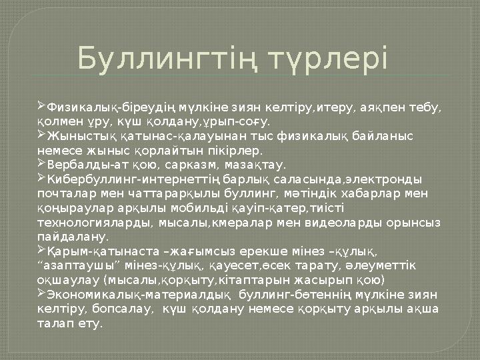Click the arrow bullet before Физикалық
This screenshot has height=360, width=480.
(41, 105)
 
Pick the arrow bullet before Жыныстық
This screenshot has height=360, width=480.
(41, 135)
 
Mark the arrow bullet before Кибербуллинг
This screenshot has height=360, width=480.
(41, 178)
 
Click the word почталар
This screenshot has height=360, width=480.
(61, 193)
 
